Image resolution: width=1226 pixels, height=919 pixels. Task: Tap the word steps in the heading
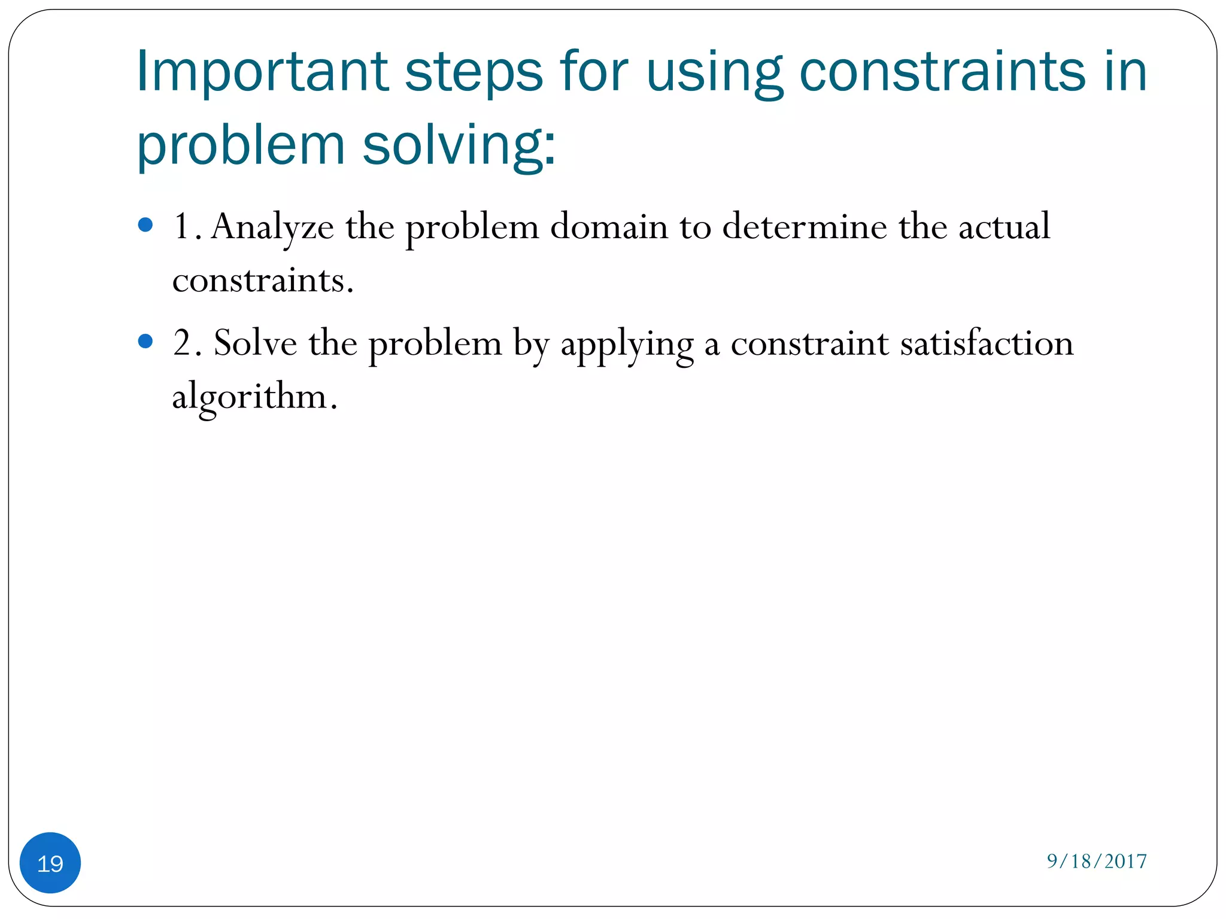coord(474,73)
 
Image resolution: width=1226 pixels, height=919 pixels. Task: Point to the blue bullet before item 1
coord(145,225)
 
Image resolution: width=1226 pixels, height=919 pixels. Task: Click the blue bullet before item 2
coord(145,341)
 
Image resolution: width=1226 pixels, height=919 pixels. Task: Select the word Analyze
coord(272,227)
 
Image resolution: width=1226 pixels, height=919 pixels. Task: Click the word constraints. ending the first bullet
coord(263,280)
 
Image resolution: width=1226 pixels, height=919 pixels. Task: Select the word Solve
coord(256,343)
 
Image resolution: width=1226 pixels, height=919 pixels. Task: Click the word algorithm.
coord(254,397)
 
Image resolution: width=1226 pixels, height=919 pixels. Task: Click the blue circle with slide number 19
coord(50,863)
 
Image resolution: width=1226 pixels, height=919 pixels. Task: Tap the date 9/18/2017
coord(1096,861)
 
